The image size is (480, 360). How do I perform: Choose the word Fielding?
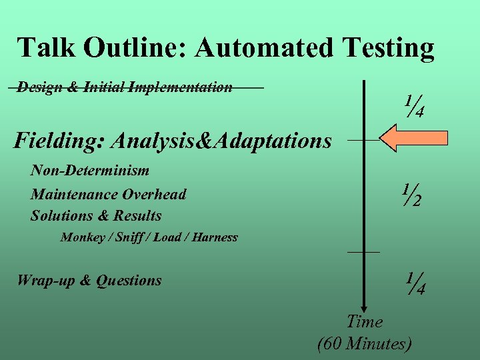59,141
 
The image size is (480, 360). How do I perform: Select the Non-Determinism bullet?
90,171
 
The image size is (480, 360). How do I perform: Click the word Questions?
129,281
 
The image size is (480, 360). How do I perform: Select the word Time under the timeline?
365,322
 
